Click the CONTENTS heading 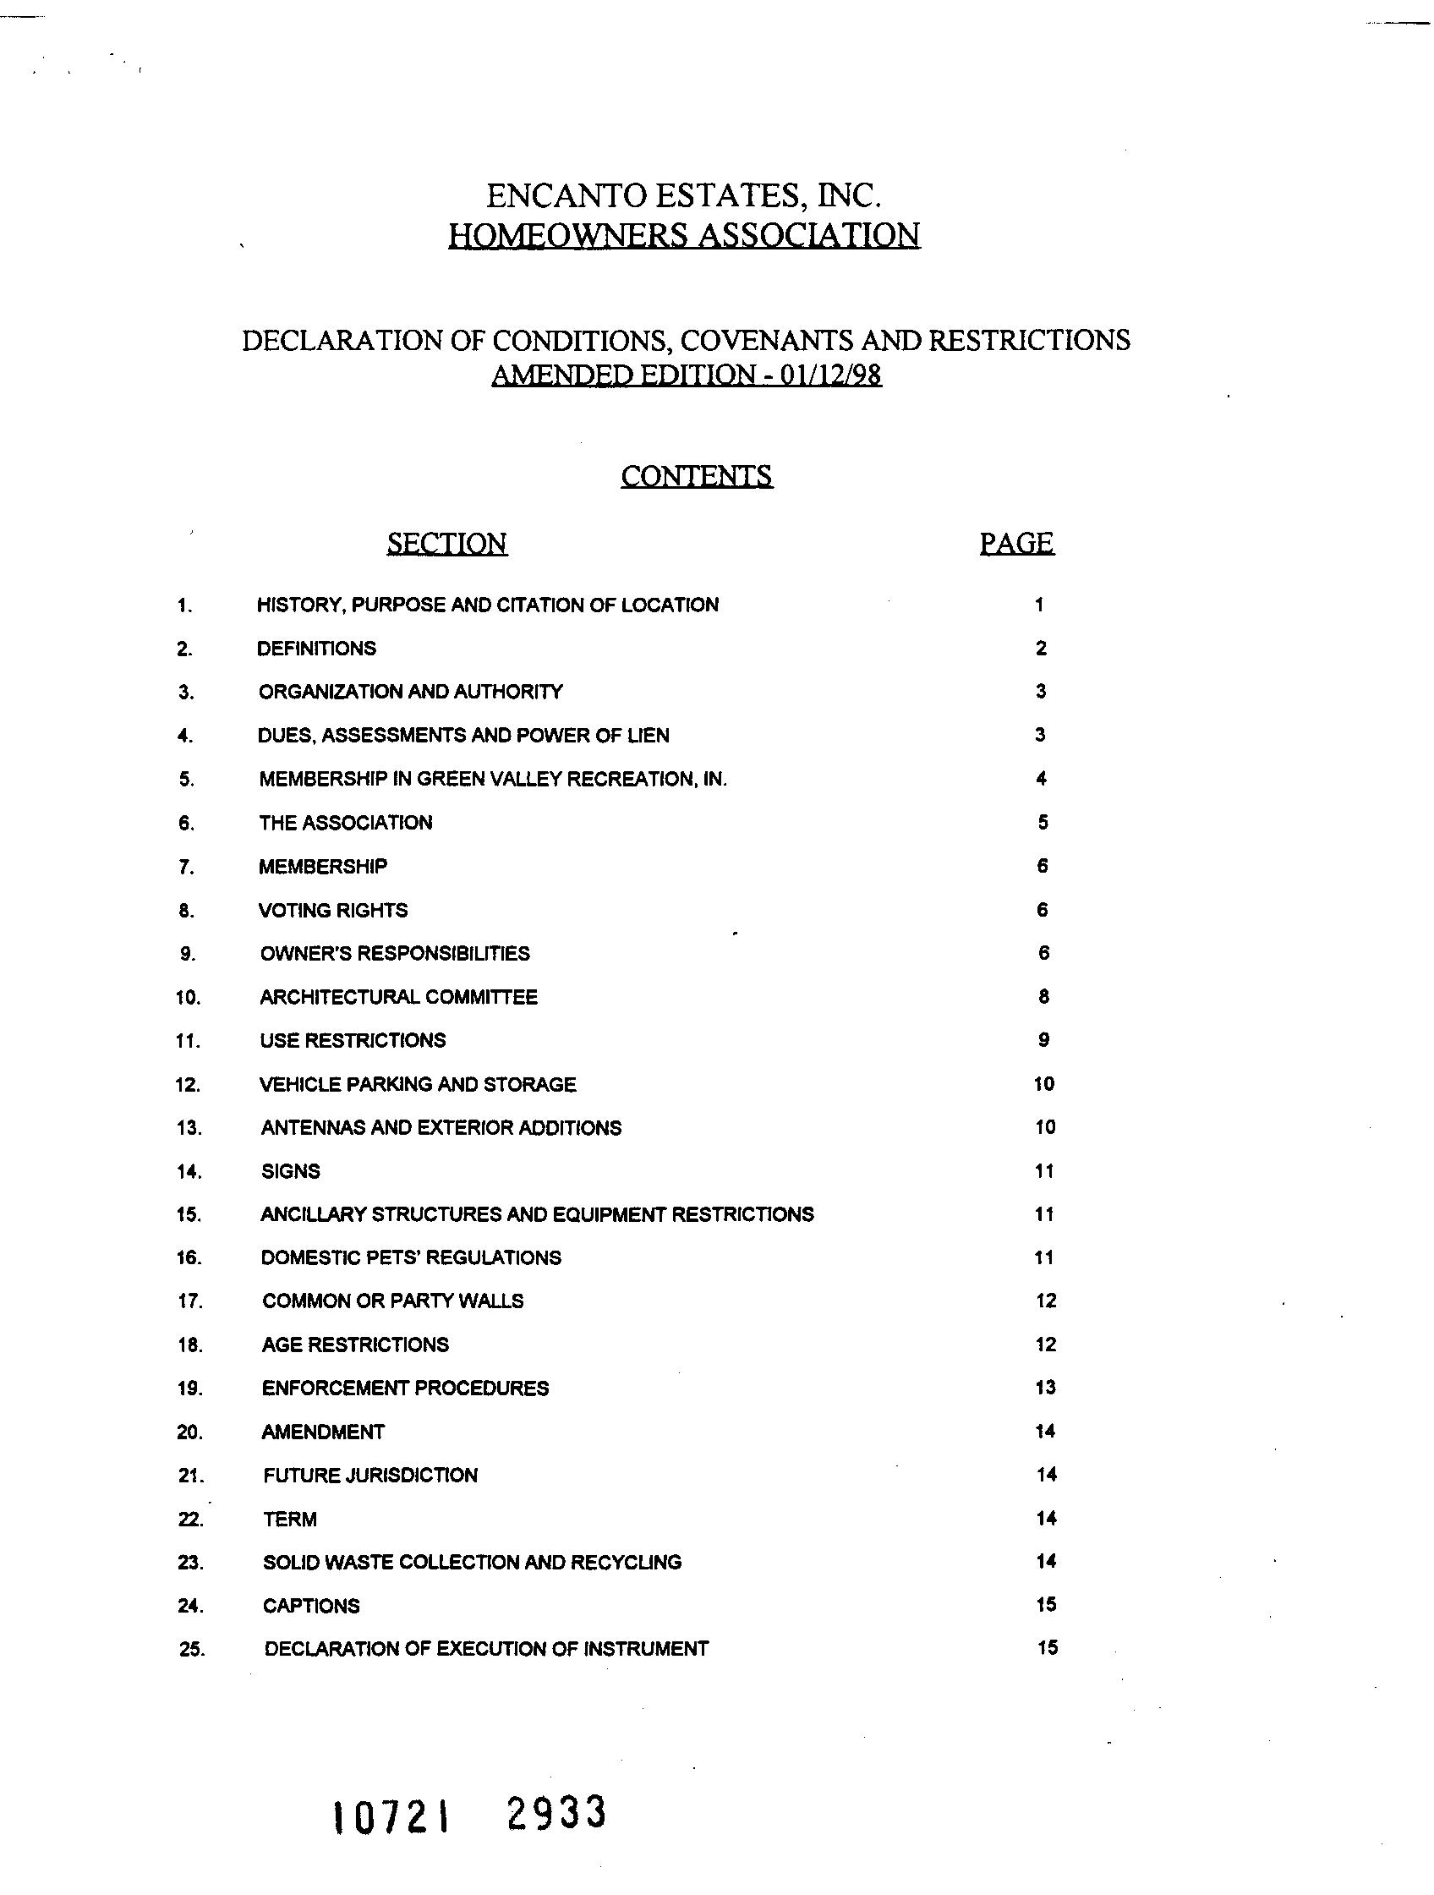pyautogui.click(x=697, y=475)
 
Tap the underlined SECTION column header pyautogui.click(x=446, y=543)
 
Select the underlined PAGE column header pyautogui.click(x=1017, y=542)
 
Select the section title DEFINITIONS pyautogui.click(x=316, y=649)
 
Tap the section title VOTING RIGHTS pyautogui.click(x=333, y=910)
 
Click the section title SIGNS pyautogui.click(x=290, y=1171)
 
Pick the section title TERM pyautogui.click(x=289, y=1519)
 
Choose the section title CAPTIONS pyautogui.click(x=311, y=1606)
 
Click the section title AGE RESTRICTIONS pyautogui.click(x=354, y=1345)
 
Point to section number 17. pyautogui.click(x=189, y=1301)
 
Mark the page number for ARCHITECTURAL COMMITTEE pyautogui.click(x=1043, y=996)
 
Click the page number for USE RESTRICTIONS pyautogui.click(x=1043, y=1040)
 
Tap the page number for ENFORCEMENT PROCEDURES pyautogui.click(x=1045, y=1387)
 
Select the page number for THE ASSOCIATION pyautogui.click(x=1043, y=823)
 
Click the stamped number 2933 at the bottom pyautogui.click(x=556, y=1813)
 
